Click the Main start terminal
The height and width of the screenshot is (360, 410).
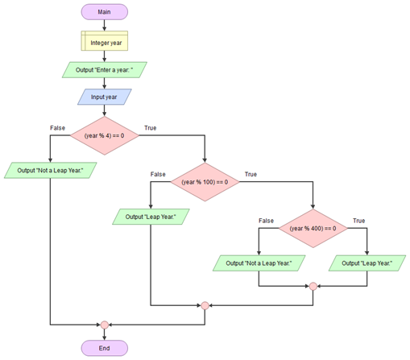click(x=105, y=12)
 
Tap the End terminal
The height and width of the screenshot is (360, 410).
click(x=105, y=348)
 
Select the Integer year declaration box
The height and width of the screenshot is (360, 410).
click(x=105, y=41)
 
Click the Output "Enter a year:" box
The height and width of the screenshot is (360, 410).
click(x=105, y=70)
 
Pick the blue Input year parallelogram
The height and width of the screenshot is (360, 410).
click(x=105, y=97)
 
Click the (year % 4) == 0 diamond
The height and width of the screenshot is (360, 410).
click(x=105, y=135)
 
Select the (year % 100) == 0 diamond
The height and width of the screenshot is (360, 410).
click(x=205, y=182)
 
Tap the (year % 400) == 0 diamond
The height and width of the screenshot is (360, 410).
click(x=313, y=229)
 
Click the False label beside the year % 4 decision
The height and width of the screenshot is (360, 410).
click(x=57, y=128)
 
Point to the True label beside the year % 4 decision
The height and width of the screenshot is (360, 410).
click(x=151, y=128)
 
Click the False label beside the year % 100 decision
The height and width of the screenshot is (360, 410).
click(x=158, y=174)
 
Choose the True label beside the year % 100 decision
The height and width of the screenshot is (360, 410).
click(x=251, y=174)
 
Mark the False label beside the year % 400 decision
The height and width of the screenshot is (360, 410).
click(x=266, y=221)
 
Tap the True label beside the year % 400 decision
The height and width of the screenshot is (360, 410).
click(x=359, y=221)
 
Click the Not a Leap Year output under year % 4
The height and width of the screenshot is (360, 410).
click(x=50, y=170)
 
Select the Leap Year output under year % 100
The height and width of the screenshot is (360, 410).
click(x=151, y=217)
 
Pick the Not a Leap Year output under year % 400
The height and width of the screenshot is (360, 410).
click(x=259, y=263)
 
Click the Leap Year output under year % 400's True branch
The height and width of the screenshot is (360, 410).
click(x=367, y=263)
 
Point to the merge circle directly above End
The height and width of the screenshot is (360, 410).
click(x=105, y=325)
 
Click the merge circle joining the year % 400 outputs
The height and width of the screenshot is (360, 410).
click(x=313, y=286)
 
